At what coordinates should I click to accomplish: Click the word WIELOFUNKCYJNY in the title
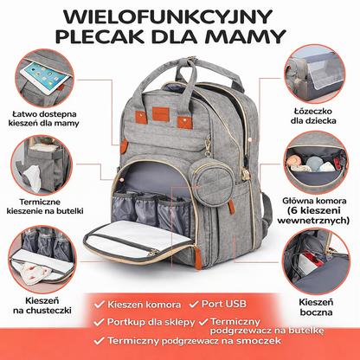pyautogui.click(x=168, y=17)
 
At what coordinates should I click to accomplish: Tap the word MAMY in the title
pyautogui.click(x=245, y=36)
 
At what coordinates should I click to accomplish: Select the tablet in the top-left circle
pyautogui.click(x=46, y=76)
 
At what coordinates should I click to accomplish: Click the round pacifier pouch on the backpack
pyautogui.click(x=211, y=183)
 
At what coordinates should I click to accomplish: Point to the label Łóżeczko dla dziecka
pyautogui.click(x=313, y=116)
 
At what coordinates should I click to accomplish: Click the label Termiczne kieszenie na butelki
pyautogui.click(x=45, y=206)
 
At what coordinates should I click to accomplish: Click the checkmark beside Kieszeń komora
pyautogui.click(x=100, y=305)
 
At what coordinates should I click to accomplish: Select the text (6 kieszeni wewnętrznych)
pyautogui.click(x=313, y=215)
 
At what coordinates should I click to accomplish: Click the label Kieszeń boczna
pyautogui.click(x=316, y=307)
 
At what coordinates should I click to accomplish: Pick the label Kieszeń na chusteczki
pyautogui.click(x=42, y=305)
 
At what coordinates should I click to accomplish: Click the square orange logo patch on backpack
pyautogui.click(x=160, y=113)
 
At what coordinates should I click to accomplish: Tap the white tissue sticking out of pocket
pyautogui.click(x=32, y=179)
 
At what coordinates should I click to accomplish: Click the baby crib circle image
pyautogui.click(x=315, y=74)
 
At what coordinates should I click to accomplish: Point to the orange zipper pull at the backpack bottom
pyautogui.click(x=198, y=259)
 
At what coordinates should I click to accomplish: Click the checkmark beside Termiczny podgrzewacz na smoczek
pyautogui.click(x=99, y=341)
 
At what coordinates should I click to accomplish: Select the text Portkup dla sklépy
pyautogui.click(x=151, y=322)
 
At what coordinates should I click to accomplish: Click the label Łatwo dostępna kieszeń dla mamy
pyautogui.click(x=44, y=119)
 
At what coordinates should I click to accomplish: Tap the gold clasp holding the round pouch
pyautogui.click(x=208, y=145)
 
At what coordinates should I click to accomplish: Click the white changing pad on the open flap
pyautogui.click(x=138, y=236)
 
